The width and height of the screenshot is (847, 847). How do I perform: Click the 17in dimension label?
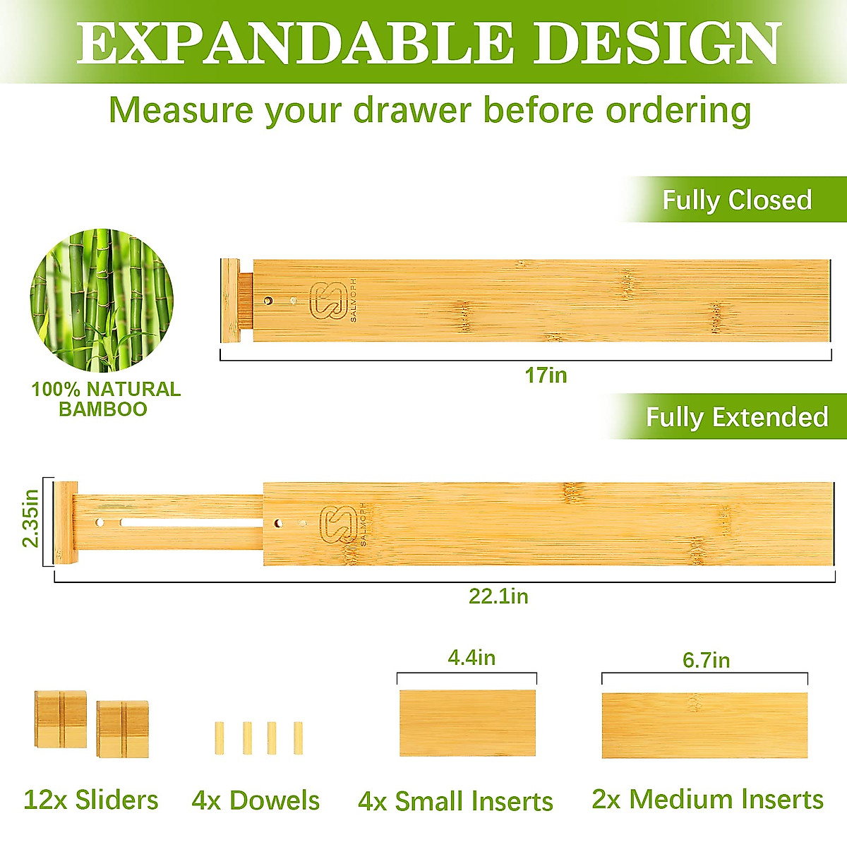[546, 375]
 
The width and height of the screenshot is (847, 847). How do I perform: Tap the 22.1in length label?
[498, 596]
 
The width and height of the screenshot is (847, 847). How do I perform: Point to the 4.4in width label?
[471, 658]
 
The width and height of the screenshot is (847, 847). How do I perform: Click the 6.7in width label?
[706, 660]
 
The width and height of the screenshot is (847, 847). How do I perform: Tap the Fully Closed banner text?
[737, 200]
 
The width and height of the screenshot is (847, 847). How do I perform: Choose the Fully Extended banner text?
[736, 417]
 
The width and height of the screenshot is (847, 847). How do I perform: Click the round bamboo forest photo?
[102, 300]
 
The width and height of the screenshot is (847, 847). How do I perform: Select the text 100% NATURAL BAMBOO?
[105, 399]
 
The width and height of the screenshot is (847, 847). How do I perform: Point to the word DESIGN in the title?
[656, 44]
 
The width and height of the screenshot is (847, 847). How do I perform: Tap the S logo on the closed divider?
[328, 301]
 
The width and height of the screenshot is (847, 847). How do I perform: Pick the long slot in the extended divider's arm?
[191, 524]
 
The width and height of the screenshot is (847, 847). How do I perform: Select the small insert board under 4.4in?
[467, 723]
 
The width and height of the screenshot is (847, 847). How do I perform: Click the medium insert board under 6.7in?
[704, 725]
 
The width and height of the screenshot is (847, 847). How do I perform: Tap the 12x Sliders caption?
[91, 800]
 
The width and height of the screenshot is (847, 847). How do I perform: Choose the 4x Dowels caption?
[256, 800]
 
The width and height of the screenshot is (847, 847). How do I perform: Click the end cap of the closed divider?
[230, 301]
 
